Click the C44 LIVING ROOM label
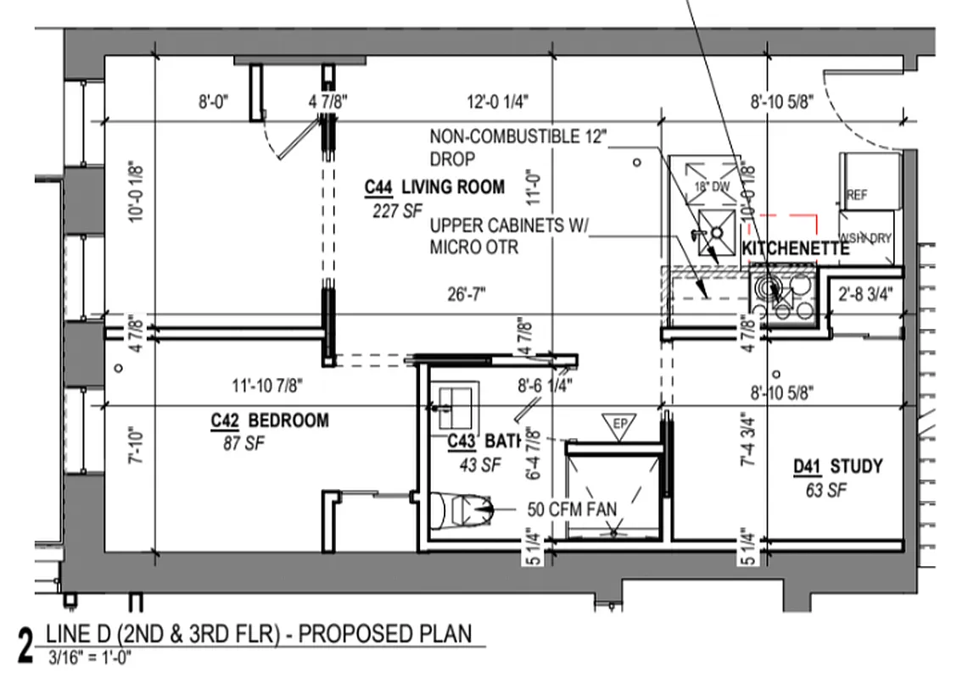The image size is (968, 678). (x=434, y=187)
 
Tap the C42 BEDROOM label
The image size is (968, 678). (x=270, y=420)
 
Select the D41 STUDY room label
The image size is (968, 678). (x=837, y=466)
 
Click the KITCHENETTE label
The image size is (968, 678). (x=795, y=249)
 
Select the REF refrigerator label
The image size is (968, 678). (x=857, y=195)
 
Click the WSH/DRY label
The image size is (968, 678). (x=865, y=238)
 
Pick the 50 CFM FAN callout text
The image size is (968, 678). (x=572, y=510)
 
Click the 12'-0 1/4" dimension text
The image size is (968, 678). (x=498, y=103)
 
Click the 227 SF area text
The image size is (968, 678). (x=396, y=211)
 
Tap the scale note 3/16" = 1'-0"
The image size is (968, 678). (x=90, y=656)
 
